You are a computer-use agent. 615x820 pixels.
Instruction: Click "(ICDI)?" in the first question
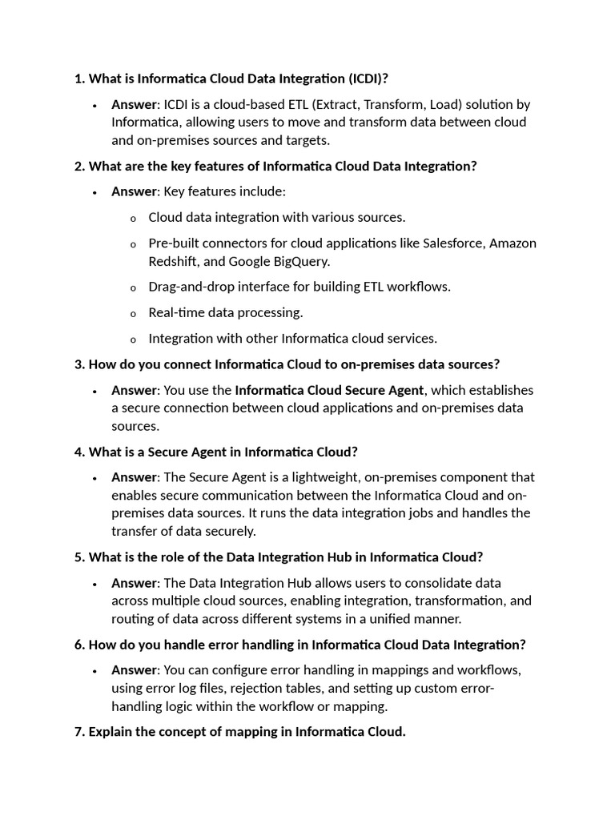(372, 78)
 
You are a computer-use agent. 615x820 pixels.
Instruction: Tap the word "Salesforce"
(452, 243)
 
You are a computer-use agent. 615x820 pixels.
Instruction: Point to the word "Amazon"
(513, 243)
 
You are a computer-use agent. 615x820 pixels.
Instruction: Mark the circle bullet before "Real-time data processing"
(133, 314)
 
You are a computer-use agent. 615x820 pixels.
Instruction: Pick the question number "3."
(79, 364)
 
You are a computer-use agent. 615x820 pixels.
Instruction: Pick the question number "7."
(79, 732)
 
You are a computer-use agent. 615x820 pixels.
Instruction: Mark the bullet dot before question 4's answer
(94, 478)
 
